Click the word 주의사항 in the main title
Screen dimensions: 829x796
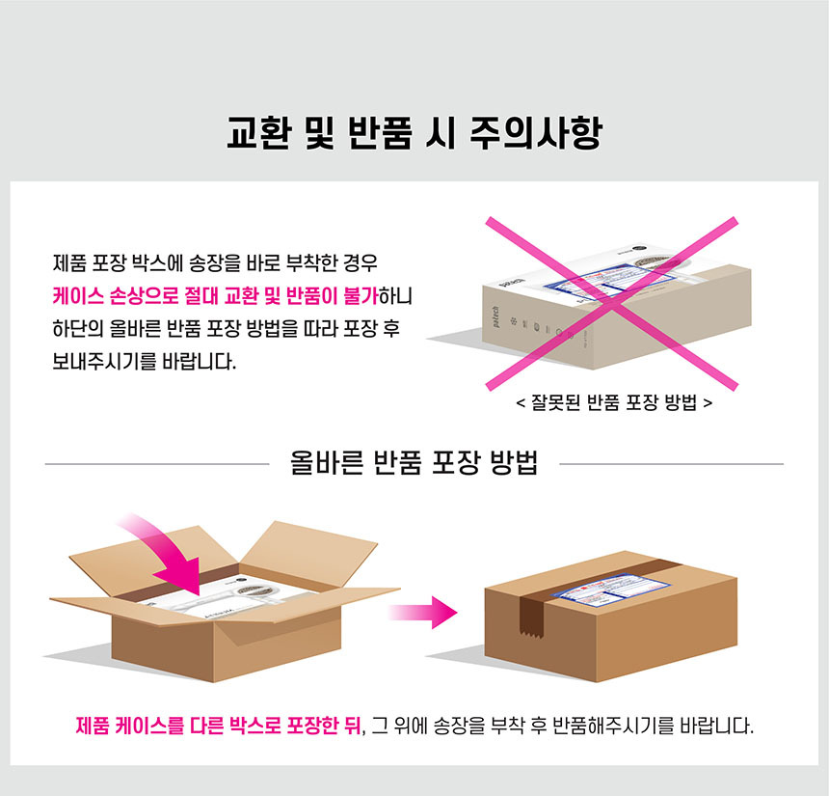536,133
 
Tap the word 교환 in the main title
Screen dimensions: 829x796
259,133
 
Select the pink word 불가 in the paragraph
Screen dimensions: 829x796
361,296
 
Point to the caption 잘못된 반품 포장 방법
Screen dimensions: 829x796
614,403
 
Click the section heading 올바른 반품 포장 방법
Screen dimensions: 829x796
414,462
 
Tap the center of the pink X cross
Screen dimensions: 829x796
612,303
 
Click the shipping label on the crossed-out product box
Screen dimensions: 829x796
609,283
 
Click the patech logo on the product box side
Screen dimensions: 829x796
495,316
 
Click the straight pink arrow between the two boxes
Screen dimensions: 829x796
422,613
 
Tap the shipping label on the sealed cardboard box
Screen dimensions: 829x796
610,590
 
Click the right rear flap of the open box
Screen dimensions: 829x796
313,552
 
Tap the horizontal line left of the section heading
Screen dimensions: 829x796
157,464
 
